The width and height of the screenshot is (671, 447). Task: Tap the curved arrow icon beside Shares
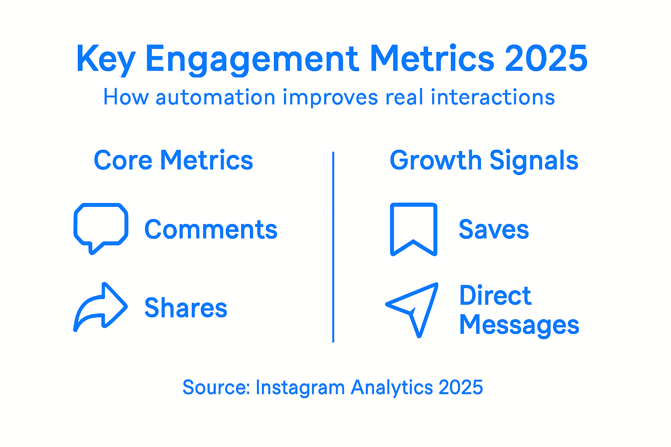coord(101,308)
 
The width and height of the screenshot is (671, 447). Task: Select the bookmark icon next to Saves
coord(413,228)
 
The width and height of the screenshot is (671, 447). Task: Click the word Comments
coord(211,230)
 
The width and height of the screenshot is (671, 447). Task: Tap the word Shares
coord(186,308)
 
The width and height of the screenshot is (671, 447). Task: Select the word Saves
coord(494,230)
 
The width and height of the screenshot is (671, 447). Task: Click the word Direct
coord(495,296)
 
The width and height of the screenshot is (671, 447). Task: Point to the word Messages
coord(519,325)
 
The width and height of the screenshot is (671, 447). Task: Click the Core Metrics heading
coord(173,160)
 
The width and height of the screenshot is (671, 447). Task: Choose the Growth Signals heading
coord(484,161)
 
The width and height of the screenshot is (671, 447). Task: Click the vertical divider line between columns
coord(333,247)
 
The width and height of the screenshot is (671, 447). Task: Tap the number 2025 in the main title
coord(546,58)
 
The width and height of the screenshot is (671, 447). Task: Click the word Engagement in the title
coord(252,59)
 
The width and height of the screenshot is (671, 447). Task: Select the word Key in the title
coord(105,59)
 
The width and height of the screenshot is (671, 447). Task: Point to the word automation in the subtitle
coord(215,97)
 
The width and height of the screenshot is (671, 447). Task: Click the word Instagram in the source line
coord(300,388)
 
